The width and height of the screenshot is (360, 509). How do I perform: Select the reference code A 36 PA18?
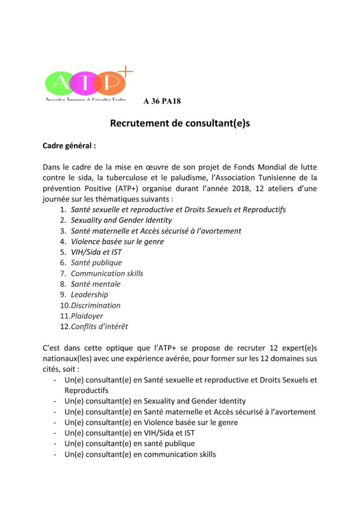162,101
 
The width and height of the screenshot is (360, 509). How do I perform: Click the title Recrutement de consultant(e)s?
180,123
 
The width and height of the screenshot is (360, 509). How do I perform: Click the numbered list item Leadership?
89,294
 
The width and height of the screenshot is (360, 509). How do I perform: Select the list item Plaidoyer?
87,316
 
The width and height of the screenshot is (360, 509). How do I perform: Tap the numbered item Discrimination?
95,305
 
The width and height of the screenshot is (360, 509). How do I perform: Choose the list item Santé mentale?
95,284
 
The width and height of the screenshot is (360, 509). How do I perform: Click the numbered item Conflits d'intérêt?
99,327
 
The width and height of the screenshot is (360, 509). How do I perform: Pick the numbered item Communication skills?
107,273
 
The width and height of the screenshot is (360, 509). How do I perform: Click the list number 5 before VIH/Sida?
63,252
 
